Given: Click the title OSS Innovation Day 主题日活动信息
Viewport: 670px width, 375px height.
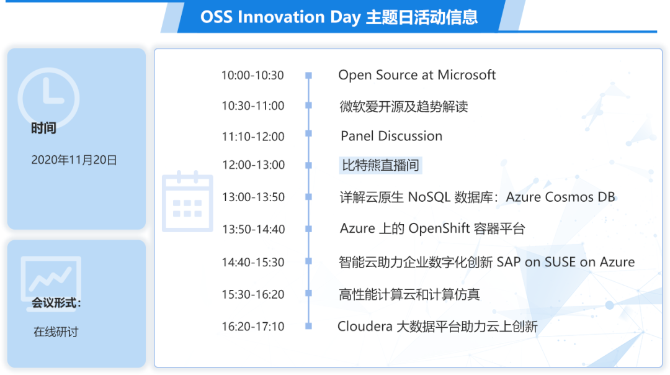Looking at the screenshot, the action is point(339,17).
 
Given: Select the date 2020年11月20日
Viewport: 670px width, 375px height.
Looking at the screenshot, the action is point(74,160).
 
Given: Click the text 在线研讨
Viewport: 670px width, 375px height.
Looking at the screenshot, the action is point(56,332).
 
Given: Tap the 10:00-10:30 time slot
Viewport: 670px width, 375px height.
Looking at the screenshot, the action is point(252,75).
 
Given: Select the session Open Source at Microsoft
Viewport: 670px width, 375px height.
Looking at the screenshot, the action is point(417,75).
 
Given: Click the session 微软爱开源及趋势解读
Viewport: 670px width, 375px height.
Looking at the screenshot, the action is point(404,106).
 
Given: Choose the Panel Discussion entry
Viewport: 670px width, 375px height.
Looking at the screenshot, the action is point(391,136).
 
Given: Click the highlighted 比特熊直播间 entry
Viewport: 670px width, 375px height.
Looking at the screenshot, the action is point(380,165).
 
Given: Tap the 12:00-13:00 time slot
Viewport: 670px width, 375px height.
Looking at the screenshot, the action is point(253,165).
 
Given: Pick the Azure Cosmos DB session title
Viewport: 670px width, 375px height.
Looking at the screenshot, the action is point(477,197).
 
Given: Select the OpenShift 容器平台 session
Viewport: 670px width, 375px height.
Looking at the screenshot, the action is point(432,228).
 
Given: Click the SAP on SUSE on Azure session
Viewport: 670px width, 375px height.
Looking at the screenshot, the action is point(487,261).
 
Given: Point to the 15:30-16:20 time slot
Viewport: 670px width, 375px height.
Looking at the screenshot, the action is point(253,294).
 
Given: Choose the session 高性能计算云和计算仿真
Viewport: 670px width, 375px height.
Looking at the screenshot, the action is point(409,294).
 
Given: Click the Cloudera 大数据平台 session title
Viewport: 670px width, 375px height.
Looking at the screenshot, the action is point(437,327).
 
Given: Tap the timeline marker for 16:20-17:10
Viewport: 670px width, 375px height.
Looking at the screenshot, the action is point(308,326).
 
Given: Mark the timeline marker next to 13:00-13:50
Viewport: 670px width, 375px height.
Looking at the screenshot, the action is point(308,197).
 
